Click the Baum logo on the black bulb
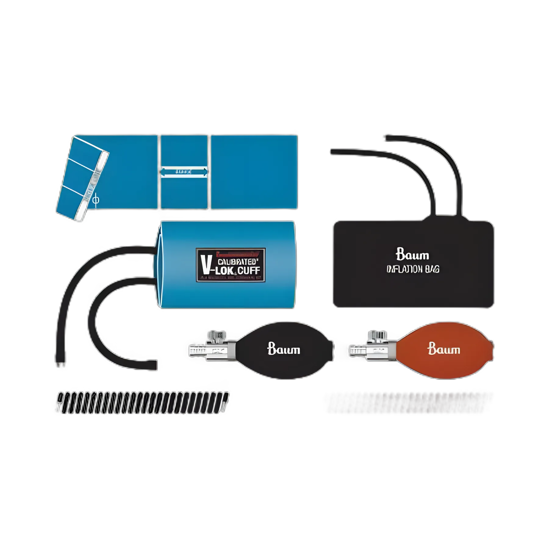point(284,349)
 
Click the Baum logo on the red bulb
point(444,349)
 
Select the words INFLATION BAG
point(413,269)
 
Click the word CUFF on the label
point(249,270)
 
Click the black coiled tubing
point(143,403)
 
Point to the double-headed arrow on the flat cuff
point(184,171)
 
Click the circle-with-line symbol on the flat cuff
point(96,200)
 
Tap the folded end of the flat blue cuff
point(82,178)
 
